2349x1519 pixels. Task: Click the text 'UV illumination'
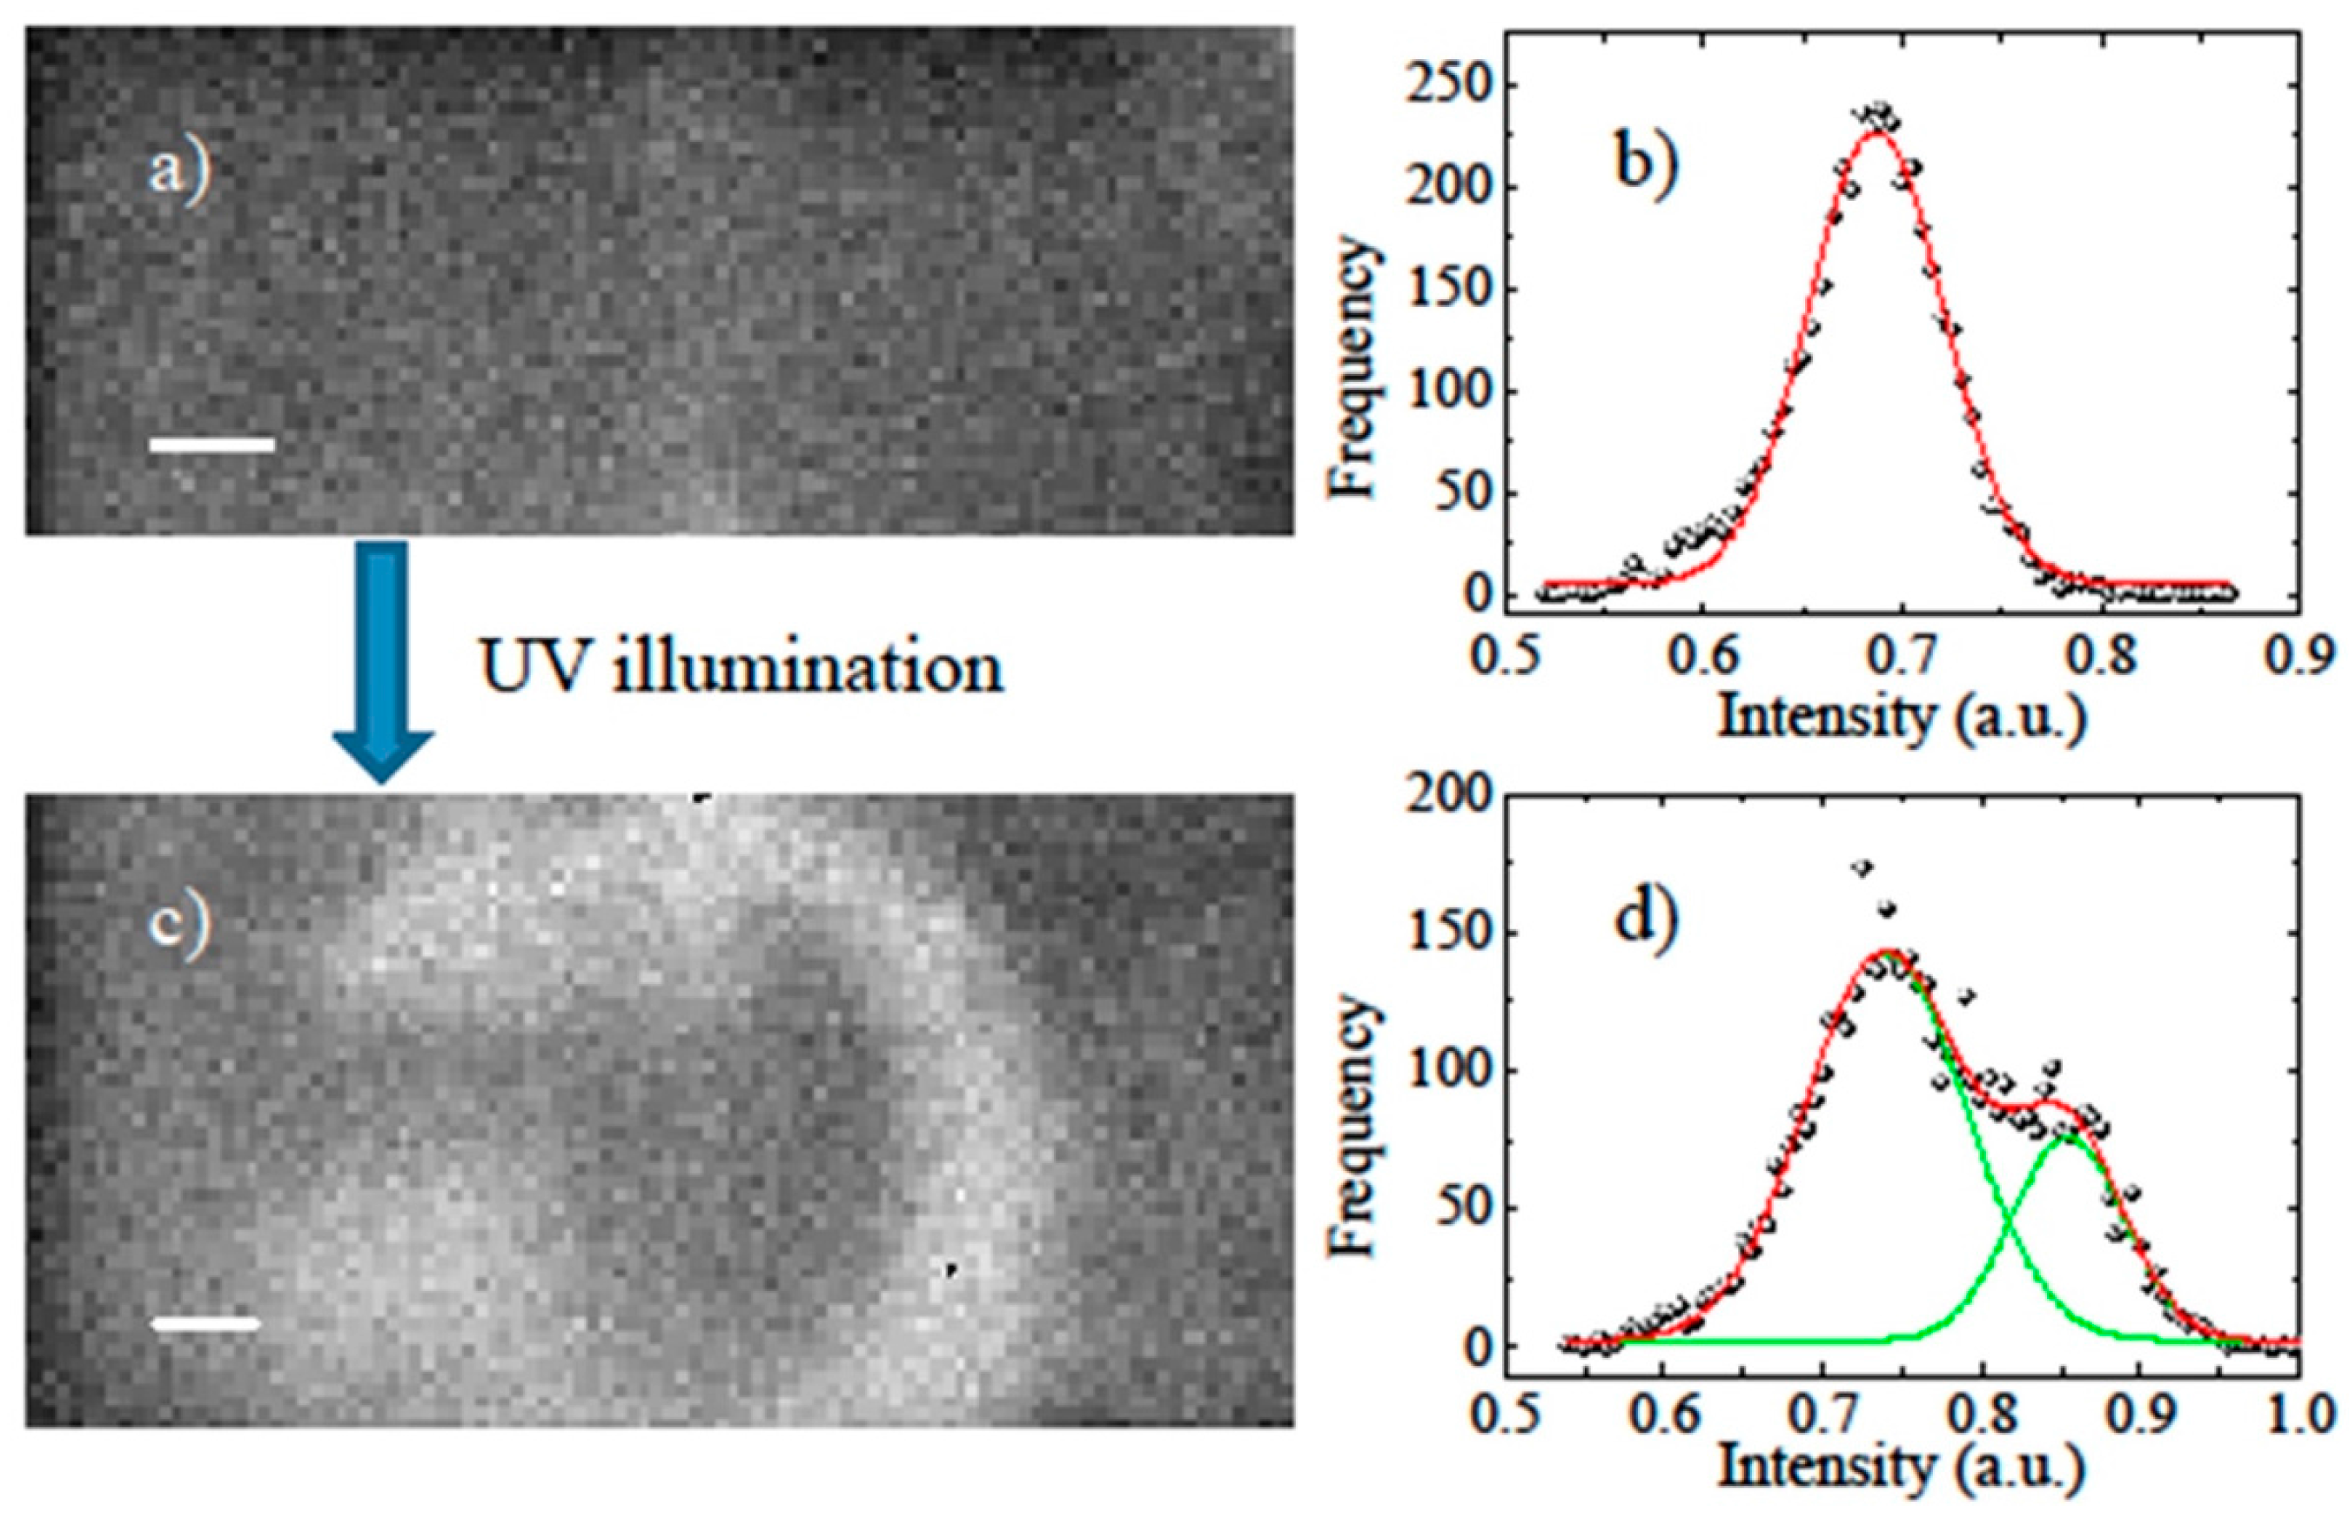(x=742, y=668)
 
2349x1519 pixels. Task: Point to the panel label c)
(x=179, y=929)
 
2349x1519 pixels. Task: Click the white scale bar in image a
(x=211, y=445)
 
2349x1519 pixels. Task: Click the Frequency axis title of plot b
(x=1353, y=367)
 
